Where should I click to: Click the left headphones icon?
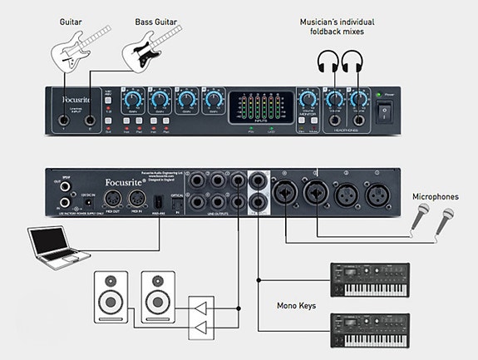point(327,63)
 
